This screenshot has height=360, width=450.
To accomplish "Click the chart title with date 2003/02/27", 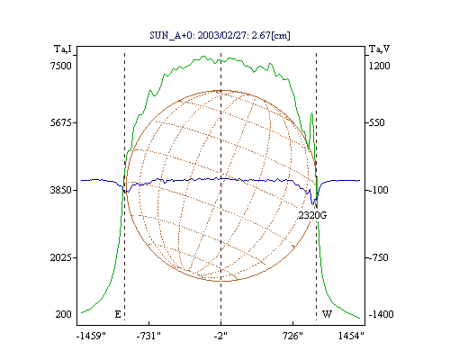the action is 220,35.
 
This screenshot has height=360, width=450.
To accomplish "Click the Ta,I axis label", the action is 63,49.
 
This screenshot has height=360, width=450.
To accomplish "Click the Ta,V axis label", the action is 379,49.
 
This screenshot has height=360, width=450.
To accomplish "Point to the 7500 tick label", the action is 61,66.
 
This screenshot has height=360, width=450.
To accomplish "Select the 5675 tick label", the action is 61,122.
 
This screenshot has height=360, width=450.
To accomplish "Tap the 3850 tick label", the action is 61,190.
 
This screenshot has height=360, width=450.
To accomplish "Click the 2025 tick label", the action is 61,257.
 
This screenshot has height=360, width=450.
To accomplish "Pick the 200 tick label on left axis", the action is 63,314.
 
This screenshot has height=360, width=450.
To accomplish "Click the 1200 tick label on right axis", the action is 380,66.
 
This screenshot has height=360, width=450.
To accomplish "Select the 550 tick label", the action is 376,122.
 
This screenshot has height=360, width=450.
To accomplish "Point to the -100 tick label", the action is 378,190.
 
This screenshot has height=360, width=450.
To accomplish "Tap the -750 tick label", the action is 378,257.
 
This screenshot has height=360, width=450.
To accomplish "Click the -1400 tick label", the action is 381,314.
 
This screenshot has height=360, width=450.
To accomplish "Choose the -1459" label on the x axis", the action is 91,336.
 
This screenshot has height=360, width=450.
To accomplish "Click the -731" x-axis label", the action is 148,336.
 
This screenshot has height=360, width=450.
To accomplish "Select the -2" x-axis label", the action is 220,336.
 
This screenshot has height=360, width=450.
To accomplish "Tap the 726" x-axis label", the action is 292,336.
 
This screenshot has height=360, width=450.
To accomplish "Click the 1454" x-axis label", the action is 351,336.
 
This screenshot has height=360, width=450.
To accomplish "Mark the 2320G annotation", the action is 312,215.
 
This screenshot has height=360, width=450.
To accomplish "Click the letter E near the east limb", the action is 118,314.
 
